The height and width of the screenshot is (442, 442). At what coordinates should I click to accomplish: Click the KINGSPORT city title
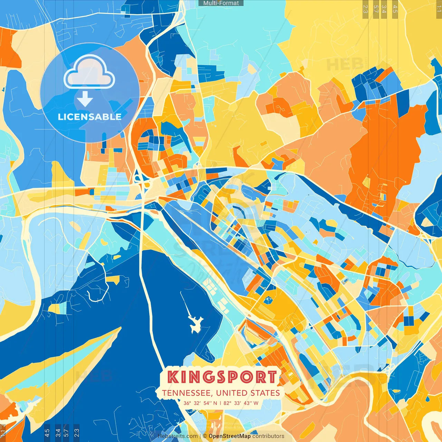[x=222, y=377]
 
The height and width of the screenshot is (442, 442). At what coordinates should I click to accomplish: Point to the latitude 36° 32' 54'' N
[x=200, y=403]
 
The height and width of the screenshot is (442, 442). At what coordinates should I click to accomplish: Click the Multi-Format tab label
[x=221, y=3]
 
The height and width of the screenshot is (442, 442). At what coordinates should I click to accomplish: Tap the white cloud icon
[x=89, y=72]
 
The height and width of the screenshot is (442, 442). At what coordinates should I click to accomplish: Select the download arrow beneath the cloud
[x=85, y=99]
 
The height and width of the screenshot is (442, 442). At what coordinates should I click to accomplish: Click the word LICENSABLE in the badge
[x=90, y=117]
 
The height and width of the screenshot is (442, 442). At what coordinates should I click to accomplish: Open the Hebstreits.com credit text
[x=177, y=436]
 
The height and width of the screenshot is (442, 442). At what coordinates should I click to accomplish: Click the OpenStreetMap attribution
[x=230, y=436]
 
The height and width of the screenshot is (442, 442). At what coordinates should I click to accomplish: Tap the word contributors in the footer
[x=268, y=436]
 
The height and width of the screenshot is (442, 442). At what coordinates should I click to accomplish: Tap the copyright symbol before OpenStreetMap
[x=205, y=436]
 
